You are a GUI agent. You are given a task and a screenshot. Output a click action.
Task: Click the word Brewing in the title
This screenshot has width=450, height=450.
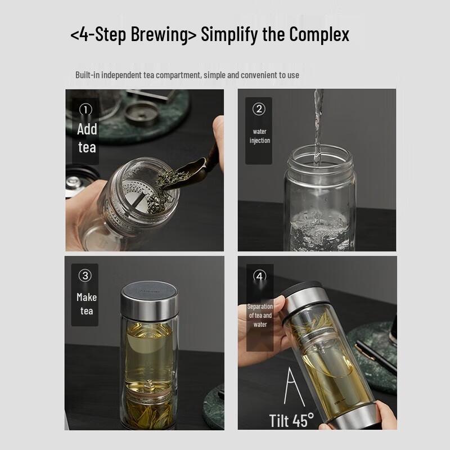pos(164,34)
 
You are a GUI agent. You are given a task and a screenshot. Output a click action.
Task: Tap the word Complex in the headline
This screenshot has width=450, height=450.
pos(319,34)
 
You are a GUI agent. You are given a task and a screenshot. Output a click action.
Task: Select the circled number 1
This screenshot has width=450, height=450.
pos(85,109)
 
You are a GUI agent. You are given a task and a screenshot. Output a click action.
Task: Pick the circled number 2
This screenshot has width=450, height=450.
pos(259,109)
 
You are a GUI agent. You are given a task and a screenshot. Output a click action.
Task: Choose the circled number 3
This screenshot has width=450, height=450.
pos(85,276)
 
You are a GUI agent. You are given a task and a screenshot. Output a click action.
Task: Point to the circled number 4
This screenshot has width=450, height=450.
pos(260,276)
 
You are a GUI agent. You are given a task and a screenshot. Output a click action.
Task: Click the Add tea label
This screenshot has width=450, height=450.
pos(87,138)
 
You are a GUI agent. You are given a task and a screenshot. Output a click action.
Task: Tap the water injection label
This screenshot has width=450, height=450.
pos(260,136)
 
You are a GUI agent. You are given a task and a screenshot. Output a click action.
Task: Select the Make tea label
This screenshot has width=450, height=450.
pos(87,304)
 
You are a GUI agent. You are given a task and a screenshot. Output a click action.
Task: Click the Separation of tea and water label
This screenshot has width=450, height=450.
pos(260,316)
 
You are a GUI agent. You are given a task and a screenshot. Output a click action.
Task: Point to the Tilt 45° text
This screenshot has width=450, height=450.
pos(291,420)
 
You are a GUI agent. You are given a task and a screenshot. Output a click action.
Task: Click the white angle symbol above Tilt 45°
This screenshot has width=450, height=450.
pos(294,388)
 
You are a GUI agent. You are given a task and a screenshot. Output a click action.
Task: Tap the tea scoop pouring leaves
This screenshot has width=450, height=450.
pos(190,172)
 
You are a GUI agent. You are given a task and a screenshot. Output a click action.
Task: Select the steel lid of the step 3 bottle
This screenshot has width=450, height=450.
pos(149,301)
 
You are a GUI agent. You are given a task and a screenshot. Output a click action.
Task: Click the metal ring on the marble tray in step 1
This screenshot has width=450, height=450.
pos(142,114)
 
